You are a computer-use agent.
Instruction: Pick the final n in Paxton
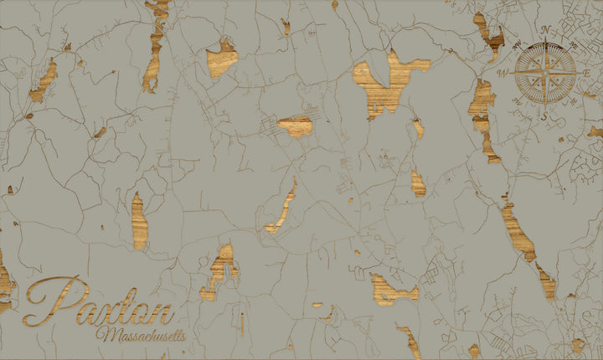pyautogui.click(x=161, y=313)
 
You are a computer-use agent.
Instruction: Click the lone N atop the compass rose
pyautogui.click(x=545, y=30)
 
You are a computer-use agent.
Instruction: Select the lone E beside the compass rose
pyautogui.click(x=587, y=74)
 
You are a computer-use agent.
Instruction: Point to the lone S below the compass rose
pyautogui.click(x=544, y=116)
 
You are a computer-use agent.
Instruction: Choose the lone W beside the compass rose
pyautogui.click(x=503, y=73)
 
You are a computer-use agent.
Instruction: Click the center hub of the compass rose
pyautogui.click(x=544, y=74)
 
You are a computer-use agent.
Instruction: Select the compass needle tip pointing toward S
pyautogui.click(x=544, y=105)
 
